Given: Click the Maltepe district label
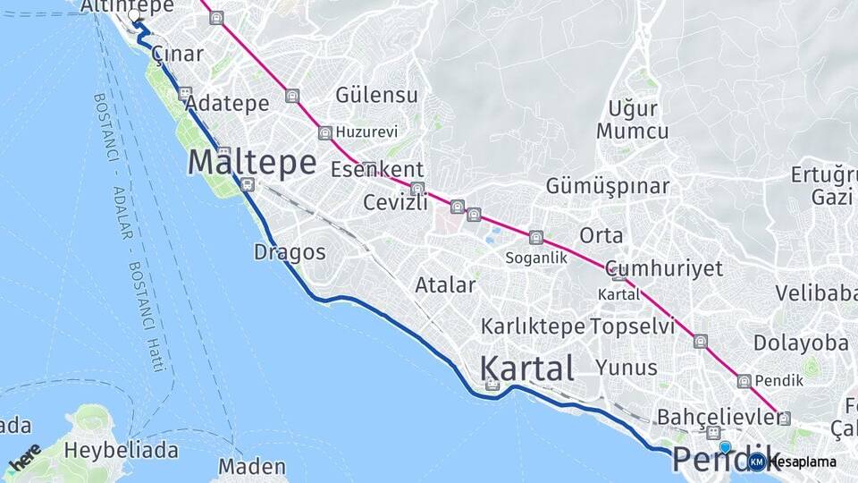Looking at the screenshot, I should (x=252, y=163).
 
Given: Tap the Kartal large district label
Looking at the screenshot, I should (x=526, y=368).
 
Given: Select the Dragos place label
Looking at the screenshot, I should (x=290, y=252).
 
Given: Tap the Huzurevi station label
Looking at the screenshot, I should (x=366, y=131).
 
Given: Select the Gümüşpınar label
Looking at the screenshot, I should (x=608, y=186).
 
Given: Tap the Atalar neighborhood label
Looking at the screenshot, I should (x=445, y=285).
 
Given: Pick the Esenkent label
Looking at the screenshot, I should (x=376, y=169).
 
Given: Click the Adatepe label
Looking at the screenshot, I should (x=229, y=103).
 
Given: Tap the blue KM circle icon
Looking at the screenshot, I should (x=757, y=462).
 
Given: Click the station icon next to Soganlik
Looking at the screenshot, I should (x=535, y=237).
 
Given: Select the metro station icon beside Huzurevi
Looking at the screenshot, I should (x=324, y=132).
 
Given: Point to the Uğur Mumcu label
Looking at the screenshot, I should (x=633, y=120).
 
